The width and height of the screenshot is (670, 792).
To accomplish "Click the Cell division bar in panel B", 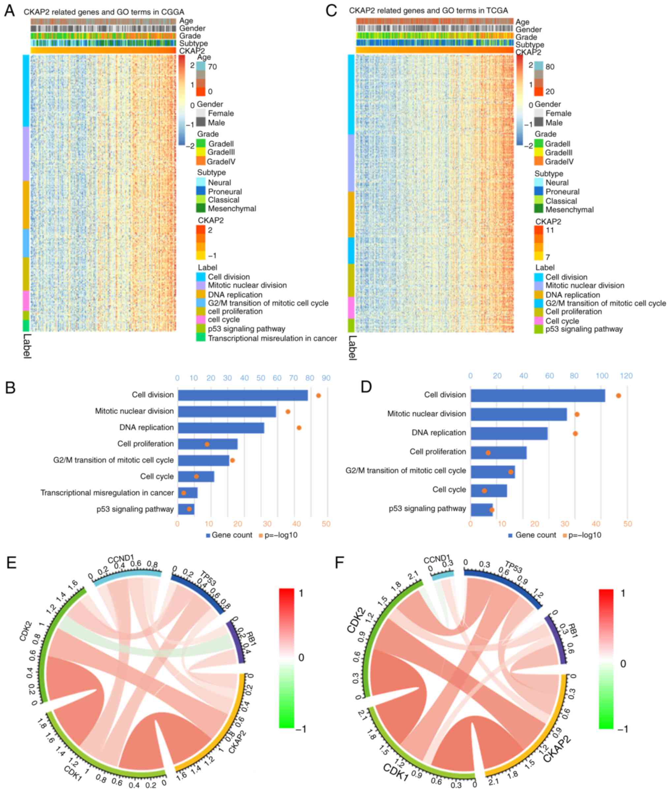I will pos(243,395).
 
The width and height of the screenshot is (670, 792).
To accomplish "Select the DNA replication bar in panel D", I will pos(509,433).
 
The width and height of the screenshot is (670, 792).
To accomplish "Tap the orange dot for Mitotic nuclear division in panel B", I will pos(288,411).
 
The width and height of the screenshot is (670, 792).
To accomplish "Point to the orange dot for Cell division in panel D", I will pos(618,396).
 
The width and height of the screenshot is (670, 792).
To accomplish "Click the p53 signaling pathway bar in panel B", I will pos(186,509).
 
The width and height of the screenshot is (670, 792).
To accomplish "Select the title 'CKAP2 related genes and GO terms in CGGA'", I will pos(104,12).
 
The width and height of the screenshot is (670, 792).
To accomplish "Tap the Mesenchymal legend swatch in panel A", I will pos(201,208).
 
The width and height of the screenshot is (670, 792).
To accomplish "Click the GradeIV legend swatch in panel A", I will pos(201,161).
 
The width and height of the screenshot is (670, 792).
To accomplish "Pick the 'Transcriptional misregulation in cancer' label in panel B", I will pos(107,493).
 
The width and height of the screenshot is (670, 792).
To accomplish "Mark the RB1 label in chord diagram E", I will pos(251,638).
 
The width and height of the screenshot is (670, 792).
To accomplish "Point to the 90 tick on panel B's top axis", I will pos(326,378).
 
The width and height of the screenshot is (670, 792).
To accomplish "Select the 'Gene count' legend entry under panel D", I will pos(532,535).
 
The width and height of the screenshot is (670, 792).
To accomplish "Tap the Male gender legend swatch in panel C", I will pos(538,122).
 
